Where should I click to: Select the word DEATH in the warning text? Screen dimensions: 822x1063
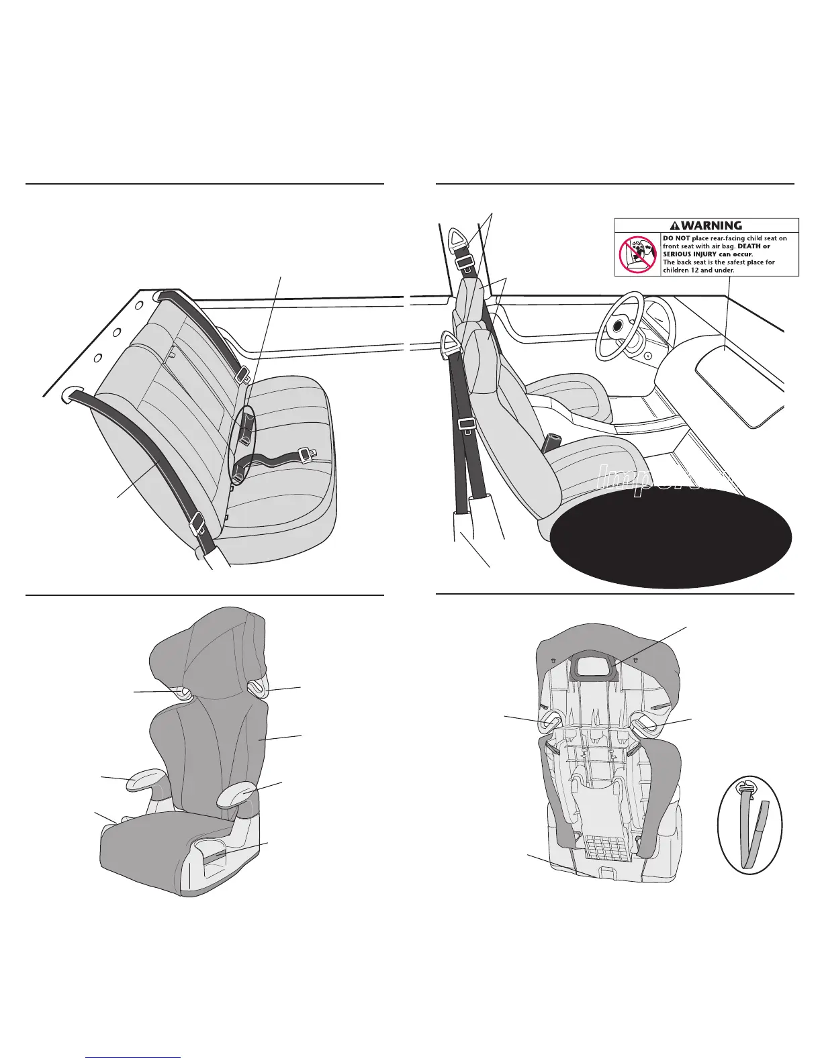pyautogui.click(x=745, y=246)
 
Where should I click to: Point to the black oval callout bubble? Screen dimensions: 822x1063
pyautogui.click(x=672, y=537)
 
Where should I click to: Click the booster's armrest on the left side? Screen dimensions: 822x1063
pyautogui.click(x=143, y=780)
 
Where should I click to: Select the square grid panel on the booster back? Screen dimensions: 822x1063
pyautogui.click(x=604, y=848)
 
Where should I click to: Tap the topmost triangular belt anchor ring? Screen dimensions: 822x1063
pyautogui.click(x=459, y=237)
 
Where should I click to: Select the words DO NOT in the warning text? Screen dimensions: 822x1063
pyautogui.click(x=676, y=238)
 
